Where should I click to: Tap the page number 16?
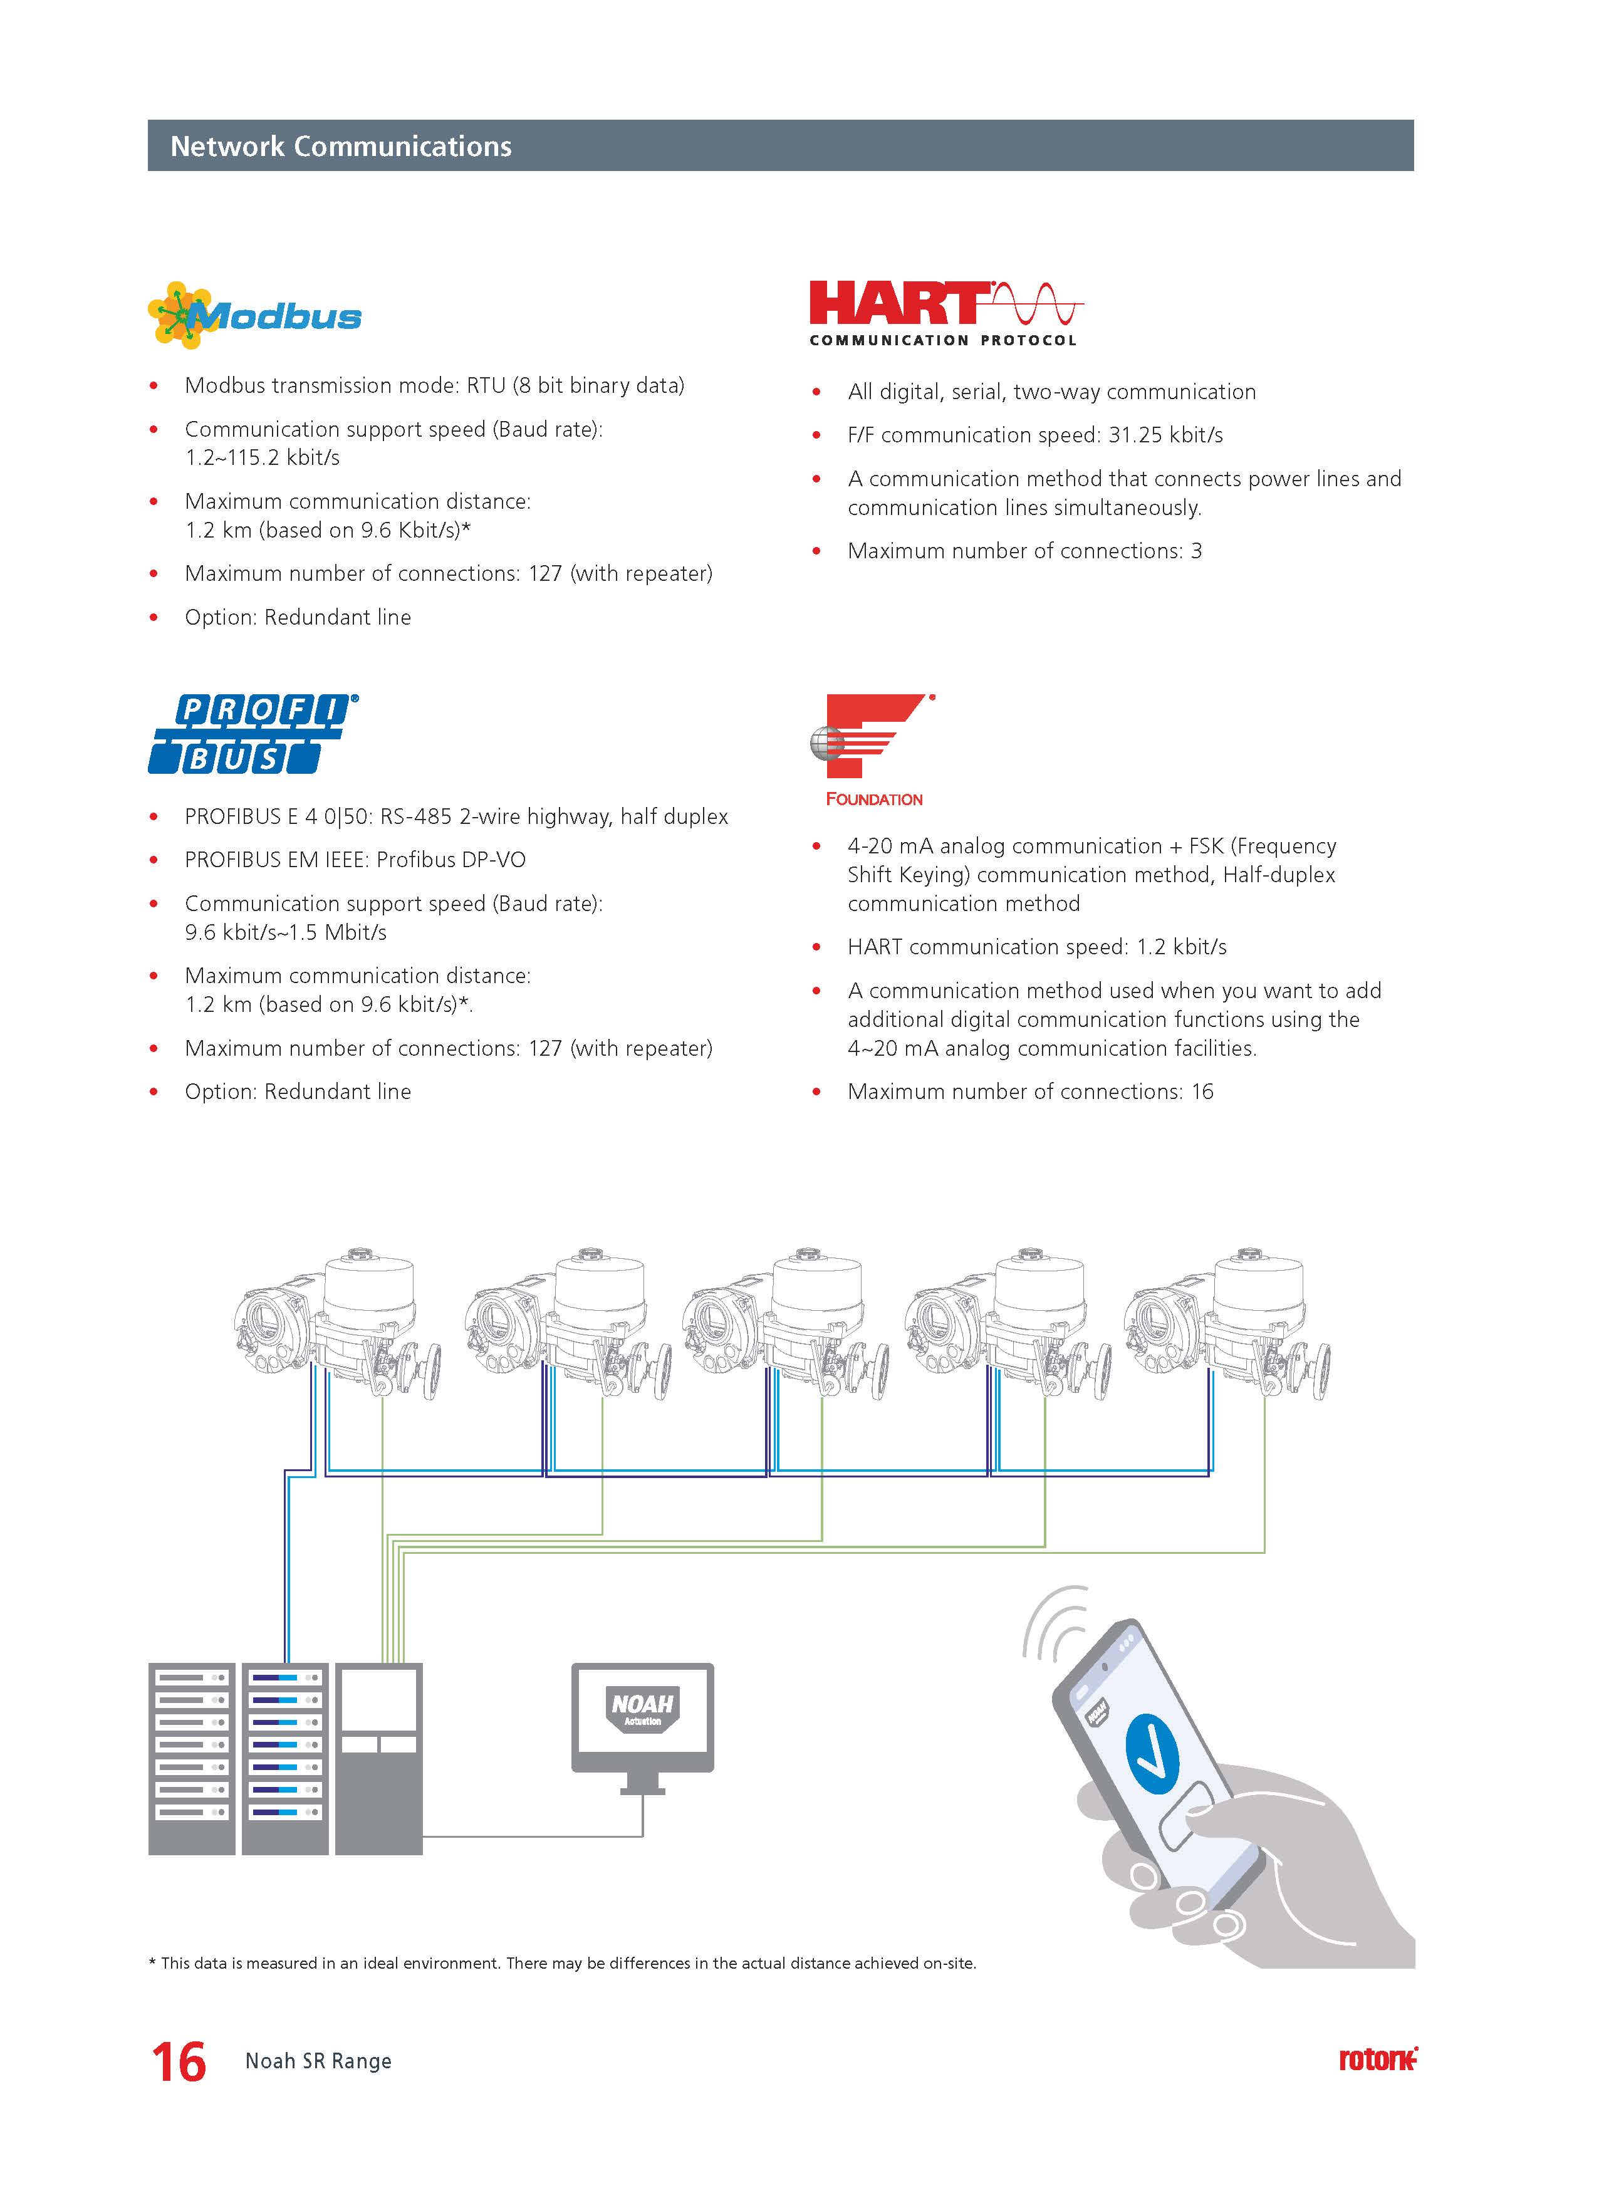tap(179, 2061)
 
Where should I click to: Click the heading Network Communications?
tap(340, 147)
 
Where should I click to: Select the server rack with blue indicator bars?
tap(285, 1758)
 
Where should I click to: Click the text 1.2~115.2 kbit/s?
tap(263, 457)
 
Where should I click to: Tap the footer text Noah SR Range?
tap(318, 2061)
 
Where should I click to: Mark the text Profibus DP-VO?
tap(451, 860)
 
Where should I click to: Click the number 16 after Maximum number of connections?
tap(1202, 1091)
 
